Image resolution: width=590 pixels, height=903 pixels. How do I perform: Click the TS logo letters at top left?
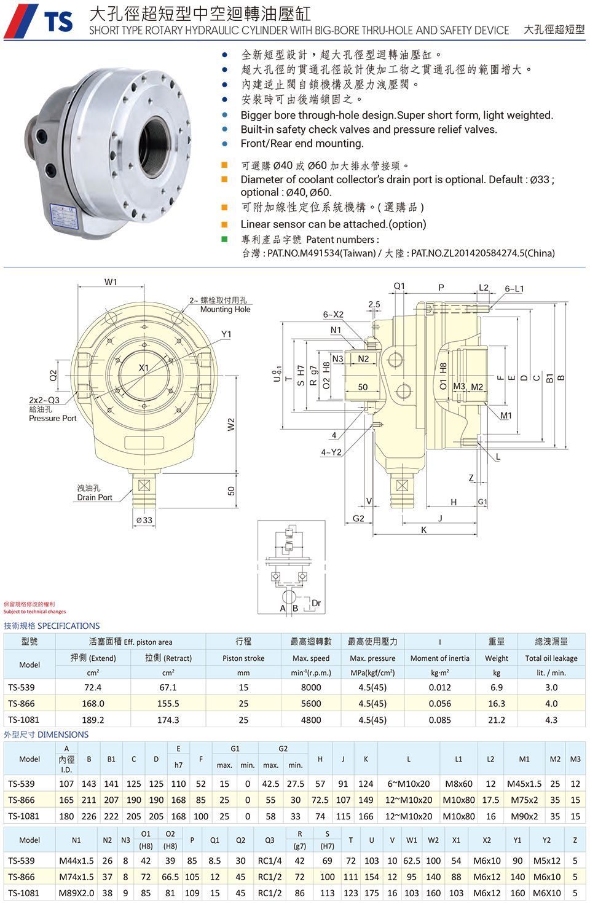pyautogui.click(x=58, y=22)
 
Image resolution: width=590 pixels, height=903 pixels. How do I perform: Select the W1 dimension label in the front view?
pyautogui.click(x=111, y=282)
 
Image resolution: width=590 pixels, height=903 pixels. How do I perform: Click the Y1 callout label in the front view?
pyautogui.click(x=226, y=334)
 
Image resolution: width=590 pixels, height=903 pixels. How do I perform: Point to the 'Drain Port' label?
pyautogui.click(x=95, y=497)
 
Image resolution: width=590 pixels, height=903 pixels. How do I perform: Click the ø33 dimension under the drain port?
pyautogui.click(x=144, y=520)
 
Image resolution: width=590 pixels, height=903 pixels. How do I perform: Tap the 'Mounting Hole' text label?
pyautogui.click(x=226, y=309)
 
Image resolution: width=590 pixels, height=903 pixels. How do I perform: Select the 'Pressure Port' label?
pyautogui.click(x=52, y=419)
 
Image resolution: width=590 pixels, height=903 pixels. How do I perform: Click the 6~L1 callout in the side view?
pyautogui.click(x=514, y=289)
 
